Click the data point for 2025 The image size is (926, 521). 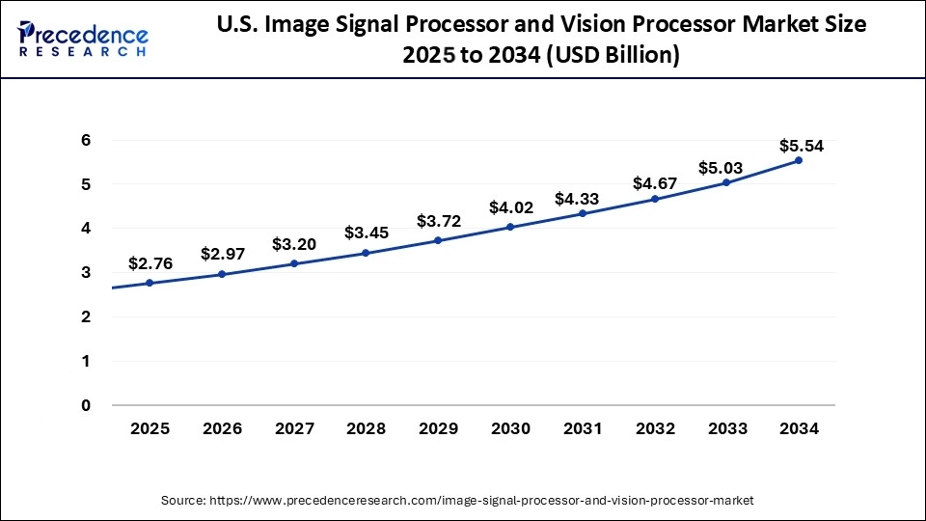point(150,283)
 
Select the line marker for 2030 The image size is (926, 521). point(510,227)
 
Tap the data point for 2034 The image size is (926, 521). point(799,160)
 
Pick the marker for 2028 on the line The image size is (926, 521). point(366,253)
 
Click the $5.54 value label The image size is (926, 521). point(802,147)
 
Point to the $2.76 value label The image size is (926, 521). point(151,263)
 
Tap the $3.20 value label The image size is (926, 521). point(294,244)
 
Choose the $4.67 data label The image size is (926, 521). point(656,183)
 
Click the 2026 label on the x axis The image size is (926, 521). point(222,429)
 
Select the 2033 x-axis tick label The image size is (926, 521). point(726,429)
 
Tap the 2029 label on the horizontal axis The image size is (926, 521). point(438,429)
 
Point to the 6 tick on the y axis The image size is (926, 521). point(86,140)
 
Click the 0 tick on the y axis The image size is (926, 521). point(86,405)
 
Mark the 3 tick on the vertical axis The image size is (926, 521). point(86,273)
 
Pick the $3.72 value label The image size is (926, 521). point(439,222)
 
